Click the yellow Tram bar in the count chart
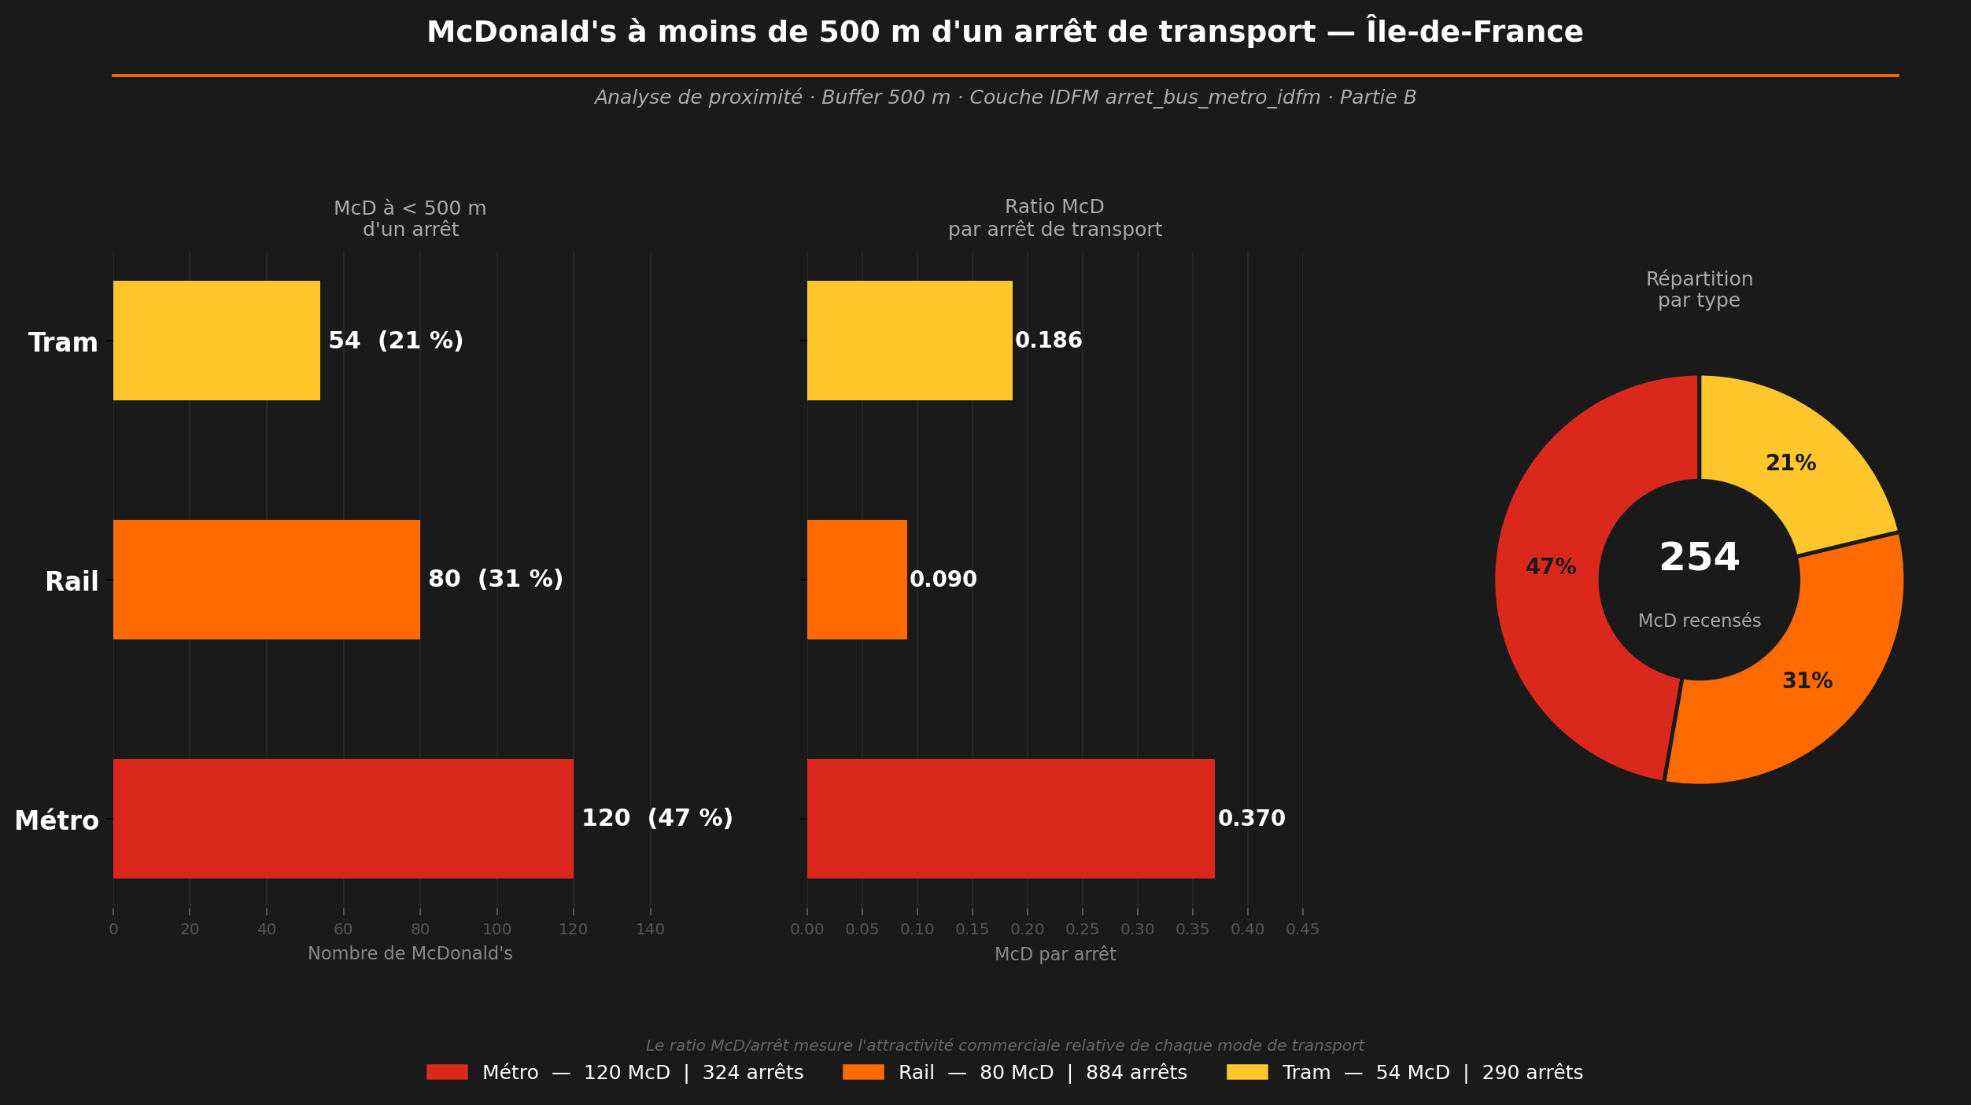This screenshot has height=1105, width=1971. [x=216, y=341]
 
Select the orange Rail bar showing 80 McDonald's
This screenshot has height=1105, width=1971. [x=266, y=580]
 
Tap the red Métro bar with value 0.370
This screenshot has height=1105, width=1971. [x=1010, y=819]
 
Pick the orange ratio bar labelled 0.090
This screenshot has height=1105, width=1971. [x=857, y=580]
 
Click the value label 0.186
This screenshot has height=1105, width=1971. [x=1048, y=341]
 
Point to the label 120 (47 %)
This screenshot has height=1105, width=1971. [x=657, y=819]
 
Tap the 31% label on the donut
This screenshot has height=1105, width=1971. [x=1807, y=681]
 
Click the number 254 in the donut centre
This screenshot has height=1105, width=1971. [x=1699, y=558]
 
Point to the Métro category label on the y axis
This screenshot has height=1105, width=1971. [x=57, y=821]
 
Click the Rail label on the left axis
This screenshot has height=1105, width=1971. [x=72, y=582]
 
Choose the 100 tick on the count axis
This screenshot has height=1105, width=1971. [x=496, y=930]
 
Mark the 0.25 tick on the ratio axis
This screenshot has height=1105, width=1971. [x=1082, y=930]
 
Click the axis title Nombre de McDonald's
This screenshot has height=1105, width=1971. [x=410, y=954]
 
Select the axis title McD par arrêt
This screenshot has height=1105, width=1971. [x=1054, y=954]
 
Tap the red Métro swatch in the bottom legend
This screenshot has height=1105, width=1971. [x=447, y=1072]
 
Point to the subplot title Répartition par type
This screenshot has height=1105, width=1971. [x=1699, y=289]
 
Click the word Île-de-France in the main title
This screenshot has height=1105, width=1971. [x=1475, y=32]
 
